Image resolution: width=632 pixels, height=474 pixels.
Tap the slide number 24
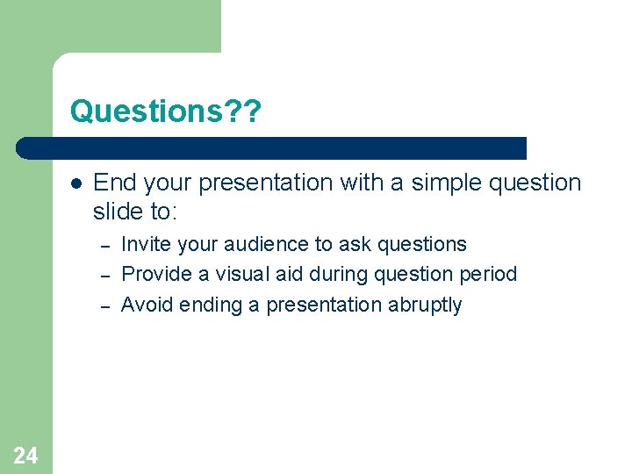point(25,454)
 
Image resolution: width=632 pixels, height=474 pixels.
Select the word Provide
point(157,274)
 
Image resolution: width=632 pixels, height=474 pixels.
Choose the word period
point(486,275)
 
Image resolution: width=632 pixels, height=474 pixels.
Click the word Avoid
point(147,305)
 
